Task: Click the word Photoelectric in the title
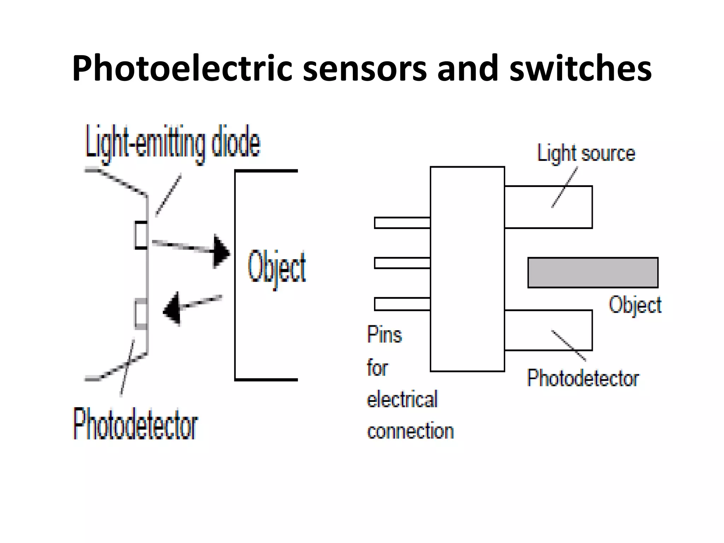(182, 68)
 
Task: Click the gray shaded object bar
(593, 273)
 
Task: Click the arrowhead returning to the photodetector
(173, 309)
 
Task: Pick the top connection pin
(402, 223)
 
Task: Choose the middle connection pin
(402, 263)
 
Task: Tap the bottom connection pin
(402, 304)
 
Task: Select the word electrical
(402, 399)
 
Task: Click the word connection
(410, 431)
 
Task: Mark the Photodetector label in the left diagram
(135, 424)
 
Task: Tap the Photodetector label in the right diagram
(583, 378)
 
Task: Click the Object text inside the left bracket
(277, 268)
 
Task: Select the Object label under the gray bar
(635, 305)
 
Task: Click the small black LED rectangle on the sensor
(141, 235)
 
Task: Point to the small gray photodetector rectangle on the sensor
(141, 314)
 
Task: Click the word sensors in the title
(365, 68)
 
